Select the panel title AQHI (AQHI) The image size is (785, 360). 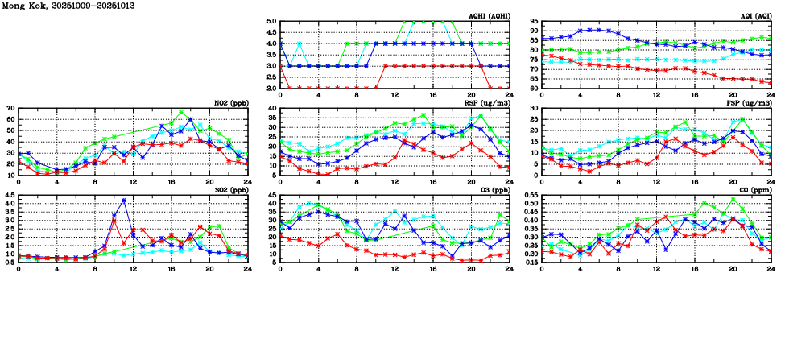coord(490,15)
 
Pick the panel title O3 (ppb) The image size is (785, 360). coord(494,189)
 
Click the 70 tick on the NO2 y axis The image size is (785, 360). coord(11,108)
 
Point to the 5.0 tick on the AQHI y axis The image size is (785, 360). coord(271,22)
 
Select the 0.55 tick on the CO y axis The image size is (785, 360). coord(531,196)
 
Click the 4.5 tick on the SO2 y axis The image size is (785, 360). coord(10,196)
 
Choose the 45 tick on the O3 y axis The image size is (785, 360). coord(273,196)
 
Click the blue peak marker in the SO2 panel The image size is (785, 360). coord(123,200)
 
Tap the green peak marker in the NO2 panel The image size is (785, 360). coord(180,113)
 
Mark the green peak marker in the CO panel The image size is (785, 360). coord(733,197)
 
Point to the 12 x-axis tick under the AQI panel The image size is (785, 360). coord(656,94)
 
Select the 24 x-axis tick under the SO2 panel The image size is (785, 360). coord(247,268)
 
